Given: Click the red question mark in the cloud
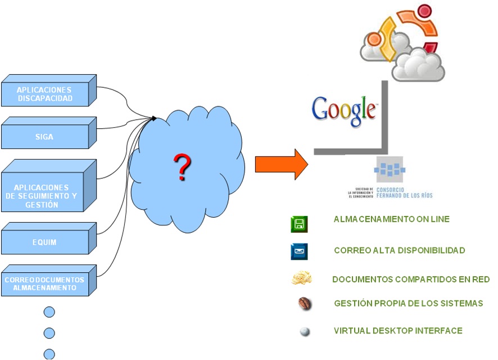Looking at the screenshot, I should tap(182, 167).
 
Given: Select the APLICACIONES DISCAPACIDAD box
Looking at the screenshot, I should tap(45, 94).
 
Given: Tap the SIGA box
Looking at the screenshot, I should tap(44, 137).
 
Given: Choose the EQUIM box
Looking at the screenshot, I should tap(44, 242).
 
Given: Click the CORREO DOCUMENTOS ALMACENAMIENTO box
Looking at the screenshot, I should tap(44, 283).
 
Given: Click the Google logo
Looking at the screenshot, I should tap(344, 111).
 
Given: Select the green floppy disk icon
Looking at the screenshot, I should tap(299, 224).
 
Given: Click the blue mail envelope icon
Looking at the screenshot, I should tap(299, 251).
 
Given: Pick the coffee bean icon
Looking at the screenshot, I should tap(305, 304).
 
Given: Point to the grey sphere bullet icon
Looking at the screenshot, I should tap(305, 332).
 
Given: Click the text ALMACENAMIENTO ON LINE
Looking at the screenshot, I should tap(391, 219).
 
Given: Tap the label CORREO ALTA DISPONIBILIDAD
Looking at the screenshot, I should tap(399, 250).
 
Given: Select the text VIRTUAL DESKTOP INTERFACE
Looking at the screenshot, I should tap(398, 331).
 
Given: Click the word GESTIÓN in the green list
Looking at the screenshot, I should tap(351, 303).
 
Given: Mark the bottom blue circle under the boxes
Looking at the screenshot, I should tap(49, 354).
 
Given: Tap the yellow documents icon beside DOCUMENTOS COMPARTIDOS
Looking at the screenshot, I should tap(302, 278).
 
